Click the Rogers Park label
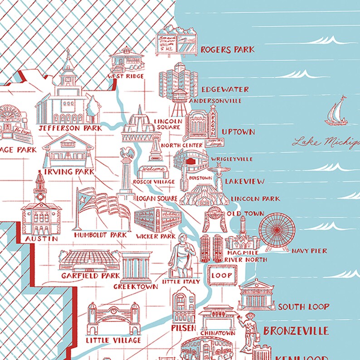(227, 49)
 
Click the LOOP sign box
(222, 275)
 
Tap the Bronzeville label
(296, 331)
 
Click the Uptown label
(238, 132)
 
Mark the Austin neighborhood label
(41, 238)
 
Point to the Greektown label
(136, 287)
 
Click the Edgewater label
(225, 89)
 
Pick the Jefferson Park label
(70, 128)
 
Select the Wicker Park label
(155, 236)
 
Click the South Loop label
(304, 307)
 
